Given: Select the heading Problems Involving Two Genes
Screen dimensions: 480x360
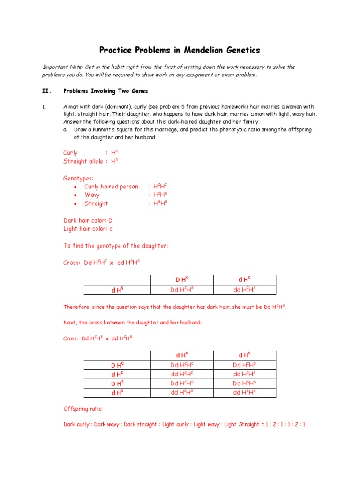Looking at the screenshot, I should point(106,91).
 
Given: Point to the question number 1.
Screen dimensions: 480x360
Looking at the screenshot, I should point(44,107).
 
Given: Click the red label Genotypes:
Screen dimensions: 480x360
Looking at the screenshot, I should point(78,178).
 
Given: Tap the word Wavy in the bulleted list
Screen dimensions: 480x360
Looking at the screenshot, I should point(92,195).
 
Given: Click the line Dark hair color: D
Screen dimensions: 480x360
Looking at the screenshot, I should point(88,220).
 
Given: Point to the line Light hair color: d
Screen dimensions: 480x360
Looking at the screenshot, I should point(88,229).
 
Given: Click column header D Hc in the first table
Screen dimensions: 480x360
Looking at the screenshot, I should point(182,280).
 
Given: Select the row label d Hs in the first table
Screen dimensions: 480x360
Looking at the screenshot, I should point(117,290).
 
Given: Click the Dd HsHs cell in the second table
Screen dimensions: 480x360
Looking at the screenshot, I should point(244,383).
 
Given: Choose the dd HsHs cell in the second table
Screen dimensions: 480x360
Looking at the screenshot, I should point(244,393).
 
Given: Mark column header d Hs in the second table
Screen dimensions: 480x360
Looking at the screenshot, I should point(244,355).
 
